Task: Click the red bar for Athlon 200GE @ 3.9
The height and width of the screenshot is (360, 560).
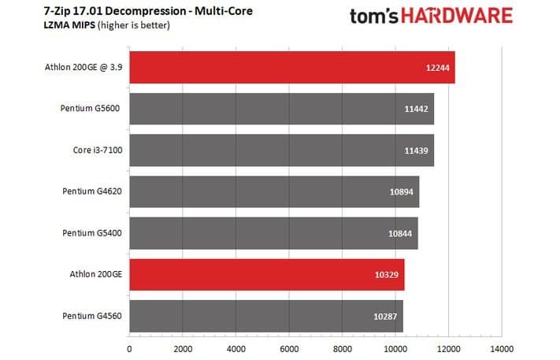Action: (x=291, y=68)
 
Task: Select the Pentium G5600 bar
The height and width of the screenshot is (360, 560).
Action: (x=281, y=109)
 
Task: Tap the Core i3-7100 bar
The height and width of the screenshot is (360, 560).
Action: (x=281, y=150)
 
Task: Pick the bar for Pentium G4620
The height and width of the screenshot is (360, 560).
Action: (x=274, y=191)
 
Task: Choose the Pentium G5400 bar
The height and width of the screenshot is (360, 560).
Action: (x=273, y=233)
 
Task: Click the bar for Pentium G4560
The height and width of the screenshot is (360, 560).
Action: (x=265, y=316)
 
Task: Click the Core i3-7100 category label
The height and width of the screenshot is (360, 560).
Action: (x=91, y=150)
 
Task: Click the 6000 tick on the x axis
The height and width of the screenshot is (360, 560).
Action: (x=288, y=347)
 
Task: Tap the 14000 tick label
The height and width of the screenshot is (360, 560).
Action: (x=501, y=347)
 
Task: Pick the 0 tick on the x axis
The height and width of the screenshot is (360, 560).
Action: (x=129, y=347)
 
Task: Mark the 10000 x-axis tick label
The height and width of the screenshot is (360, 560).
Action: (x=395, y=347)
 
